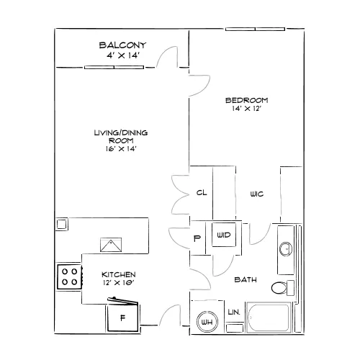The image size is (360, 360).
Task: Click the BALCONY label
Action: click(x=122, y=45)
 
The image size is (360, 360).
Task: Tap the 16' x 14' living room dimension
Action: click(x=121, y=149)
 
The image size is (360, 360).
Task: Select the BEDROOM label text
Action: click(x=247, y=100)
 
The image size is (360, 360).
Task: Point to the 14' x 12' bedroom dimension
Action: click(x=246, y=109)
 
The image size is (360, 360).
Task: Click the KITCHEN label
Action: click(x=119, y=274)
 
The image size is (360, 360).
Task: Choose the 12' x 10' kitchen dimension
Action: click(x=118, y=283)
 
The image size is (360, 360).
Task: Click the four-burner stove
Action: click(x=70, y=276)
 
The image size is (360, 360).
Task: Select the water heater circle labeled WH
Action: click(x=207, y=322)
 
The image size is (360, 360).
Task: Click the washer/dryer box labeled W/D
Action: click(x=224, y=235)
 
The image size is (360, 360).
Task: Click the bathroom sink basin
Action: click(x=286, y=249)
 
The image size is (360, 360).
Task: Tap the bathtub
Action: click(x=269, y=318)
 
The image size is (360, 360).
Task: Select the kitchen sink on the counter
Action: click(x=111, y=245)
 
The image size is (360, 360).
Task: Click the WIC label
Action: click(x=257, y=194)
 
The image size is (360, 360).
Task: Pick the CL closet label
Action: click(x=202, y=192)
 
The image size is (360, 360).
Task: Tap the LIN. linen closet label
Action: click(x=234, y=312)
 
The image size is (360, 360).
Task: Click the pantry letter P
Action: click(x=197, y=238)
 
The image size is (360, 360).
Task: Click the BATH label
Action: click(x=246, y=279)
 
